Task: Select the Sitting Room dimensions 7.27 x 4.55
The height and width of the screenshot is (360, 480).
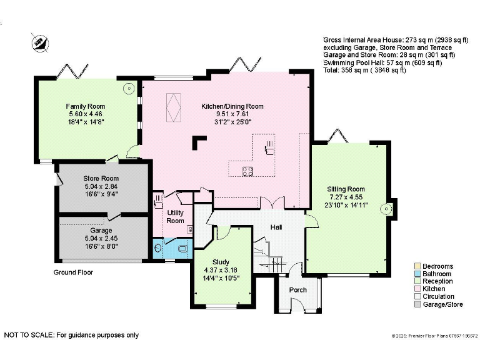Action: click(346, 197)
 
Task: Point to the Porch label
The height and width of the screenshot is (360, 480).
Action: click(297, 290)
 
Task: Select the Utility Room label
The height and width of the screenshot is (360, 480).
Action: click(175, 217)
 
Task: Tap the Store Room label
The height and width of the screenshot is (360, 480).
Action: click(101, 179)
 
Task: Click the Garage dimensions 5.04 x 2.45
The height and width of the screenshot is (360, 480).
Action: click(101, 238)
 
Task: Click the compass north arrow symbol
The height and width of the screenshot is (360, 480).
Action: click(39, 41)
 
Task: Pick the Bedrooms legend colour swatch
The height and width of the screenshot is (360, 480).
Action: click(417, 266)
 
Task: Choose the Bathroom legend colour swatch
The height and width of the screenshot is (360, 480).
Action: click(417, 274)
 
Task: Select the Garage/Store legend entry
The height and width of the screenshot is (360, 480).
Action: click(442, 304)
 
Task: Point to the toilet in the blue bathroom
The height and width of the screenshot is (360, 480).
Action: click(183, 248)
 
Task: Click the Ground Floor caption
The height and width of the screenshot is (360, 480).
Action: click(73, 272)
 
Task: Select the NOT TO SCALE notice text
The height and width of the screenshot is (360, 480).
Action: click(71, 335)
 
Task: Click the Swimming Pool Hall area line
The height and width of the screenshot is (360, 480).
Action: click(382, 62)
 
